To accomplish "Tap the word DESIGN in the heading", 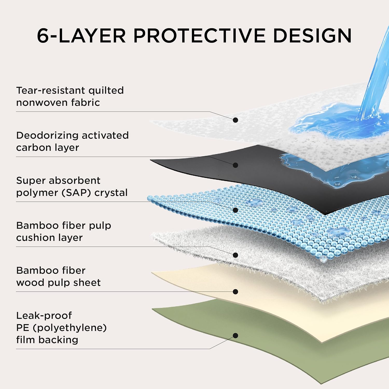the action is (312, 36).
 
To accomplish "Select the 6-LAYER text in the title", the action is (81, 36).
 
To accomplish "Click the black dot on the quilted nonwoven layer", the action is (235, 120).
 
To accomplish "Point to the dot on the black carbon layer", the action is (235, 165).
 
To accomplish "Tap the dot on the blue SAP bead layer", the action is (235, 210).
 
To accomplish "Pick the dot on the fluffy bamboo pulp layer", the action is (235, 255).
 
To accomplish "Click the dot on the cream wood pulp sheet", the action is (235, 292).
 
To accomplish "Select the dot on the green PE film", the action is (235, 336).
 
